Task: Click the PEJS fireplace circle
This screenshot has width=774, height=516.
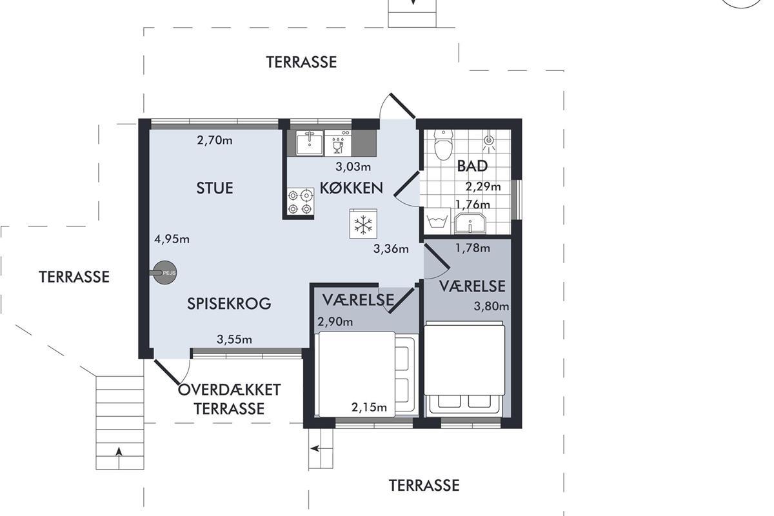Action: point(165,273)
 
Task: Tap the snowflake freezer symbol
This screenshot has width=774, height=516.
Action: point(363,224)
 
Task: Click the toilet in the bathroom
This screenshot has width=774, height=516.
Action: point(443,144)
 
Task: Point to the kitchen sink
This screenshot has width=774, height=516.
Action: point(310,143)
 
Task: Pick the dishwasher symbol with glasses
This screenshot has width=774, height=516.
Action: point(338,143)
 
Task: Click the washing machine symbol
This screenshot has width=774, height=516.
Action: point(437,221)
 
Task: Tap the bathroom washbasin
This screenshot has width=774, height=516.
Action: point(470,223)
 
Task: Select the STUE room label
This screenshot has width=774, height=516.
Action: point(215,188)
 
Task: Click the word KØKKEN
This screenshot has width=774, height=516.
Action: point(352,188)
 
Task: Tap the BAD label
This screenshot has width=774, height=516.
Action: point(472,166)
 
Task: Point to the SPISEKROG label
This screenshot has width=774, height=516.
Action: point(229,303)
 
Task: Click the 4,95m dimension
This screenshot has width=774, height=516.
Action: point(172,239)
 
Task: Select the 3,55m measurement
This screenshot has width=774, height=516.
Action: point(234,339)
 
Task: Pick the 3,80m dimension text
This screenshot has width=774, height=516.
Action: point(491,306)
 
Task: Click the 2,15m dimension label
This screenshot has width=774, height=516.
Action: point(369,408)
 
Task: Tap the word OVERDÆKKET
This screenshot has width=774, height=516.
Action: point(230,390)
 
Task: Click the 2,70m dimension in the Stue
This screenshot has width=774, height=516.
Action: point(215,141)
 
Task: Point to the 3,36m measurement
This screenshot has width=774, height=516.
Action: point(391,248)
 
